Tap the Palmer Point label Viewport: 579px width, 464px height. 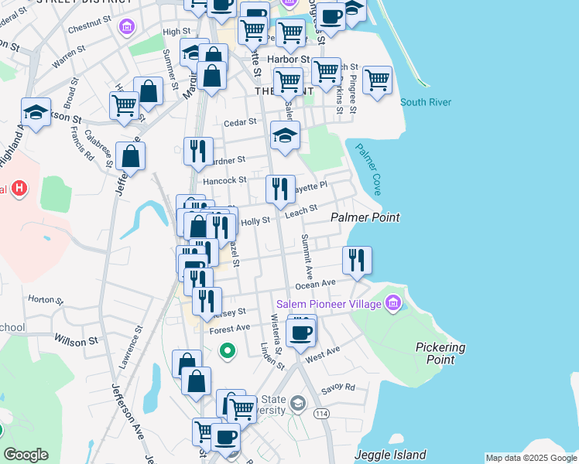point(365,218)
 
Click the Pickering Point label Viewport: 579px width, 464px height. point(440,353)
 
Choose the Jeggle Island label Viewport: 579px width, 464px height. point(390,455)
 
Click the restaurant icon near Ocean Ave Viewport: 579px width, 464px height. point(357,259)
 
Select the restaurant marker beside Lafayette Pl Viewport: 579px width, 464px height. point(280,188)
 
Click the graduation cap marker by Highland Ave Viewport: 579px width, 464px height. point(36,112)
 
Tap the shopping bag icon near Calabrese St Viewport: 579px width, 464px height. point(131,155)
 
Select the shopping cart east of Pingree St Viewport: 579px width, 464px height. point(377,80)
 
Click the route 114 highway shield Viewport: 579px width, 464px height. point(321,415)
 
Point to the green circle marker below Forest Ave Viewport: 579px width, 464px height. point(227,352)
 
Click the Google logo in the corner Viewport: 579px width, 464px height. point(26,455)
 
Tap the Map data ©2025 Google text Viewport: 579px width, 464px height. point(531,458)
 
